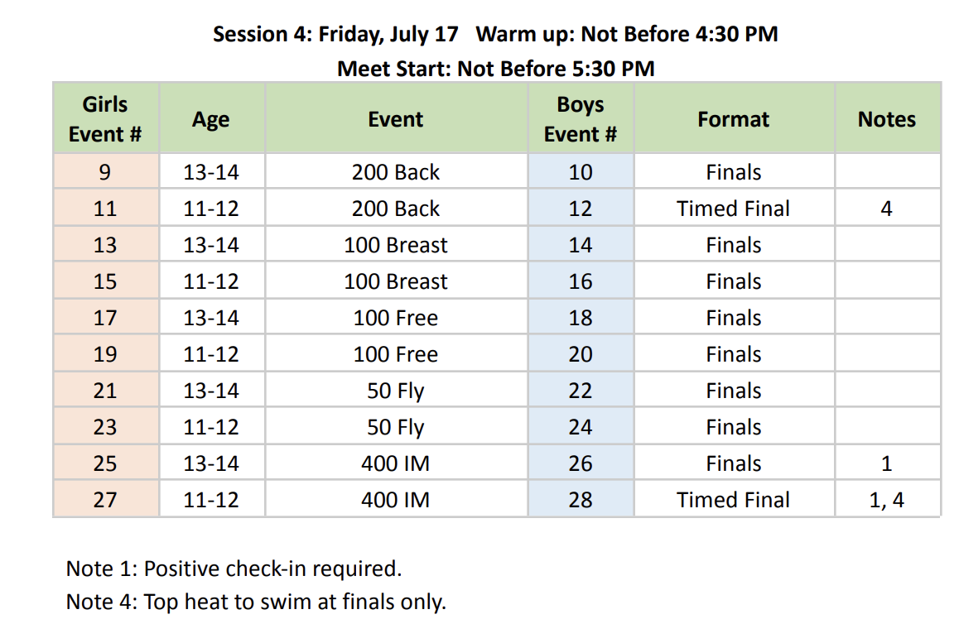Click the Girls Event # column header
point(105,118)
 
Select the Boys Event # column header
point(581,118)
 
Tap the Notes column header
point(887,118)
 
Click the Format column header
point(734,118)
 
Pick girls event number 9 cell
point(105,172)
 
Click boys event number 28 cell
point(581,499)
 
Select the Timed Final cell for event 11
point(734,209)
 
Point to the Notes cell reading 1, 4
point(887,499)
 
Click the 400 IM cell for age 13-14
point(396,463)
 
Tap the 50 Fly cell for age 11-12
point(396,426)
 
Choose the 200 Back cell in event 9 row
point(396,172)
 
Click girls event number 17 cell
point(105,318)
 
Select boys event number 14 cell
point(581,244)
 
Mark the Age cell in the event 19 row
point(211,354)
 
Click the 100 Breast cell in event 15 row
point(396,281)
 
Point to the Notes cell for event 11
point(887,209)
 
